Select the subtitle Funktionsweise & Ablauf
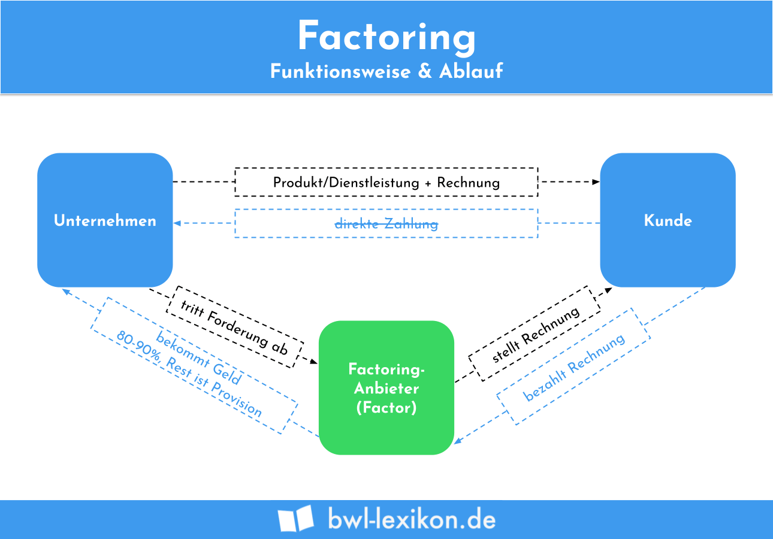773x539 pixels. pyautogui.click(x=386, y=71)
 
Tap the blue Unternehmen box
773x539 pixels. pyautogui.click(x=105, y=220)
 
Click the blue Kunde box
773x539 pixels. pyautogui.click(x=668, y=220)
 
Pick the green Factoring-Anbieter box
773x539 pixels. pyautogui.click(x=386, y=388)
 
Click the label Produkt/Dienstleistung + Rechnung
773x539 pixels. pyautogui.click(x=386, y=183)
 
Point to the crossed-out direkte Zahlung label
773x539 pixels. pyautogui.click(x=386, y=224)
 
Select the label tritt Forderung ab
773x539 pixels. pyautogui.click(x=234, y=328)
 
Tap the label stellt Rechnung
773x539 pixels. pyautogui.click(x=535, y=334)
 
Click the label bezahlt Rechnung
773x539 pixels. pyautogui.click(x=574, y=367)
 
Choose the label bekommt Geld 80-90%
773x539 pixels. pyautogui.click(x=194, y=366)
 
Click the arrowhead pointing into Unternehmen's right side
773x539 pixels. pyautogui.click(x=177, y=223)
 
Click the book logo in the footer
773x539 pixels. pyautogui.click(x=295, y=519)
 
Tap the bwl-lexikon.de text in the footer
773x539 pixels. pyautogui.click(x=412, y=519)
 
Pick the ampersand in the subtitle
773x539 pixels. pyautogui.click(x=424, y=71)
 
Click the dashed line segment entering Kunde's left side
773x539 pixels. pyautogui.click(x=569, y=223)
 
